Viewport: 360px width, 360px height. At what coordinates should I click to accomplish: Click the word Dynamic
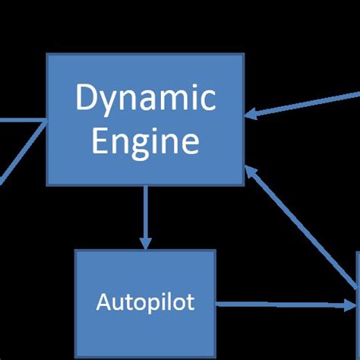coord(145,99)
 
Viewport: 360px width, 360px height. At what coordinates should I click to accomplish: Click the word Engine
coord(145,142)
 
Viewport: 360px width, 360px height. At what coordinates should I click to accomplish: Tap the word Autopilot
coord(145,302)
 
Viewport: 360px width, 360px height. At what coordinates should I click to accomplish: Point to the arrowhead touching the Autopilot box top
coord(145,243)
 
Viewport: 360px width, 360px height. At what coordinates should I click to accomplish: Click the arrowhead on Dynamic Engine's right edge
coord(251,115)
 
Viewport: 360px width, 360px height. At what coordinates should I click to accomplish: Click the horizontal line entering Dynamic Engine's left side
coord(23,120)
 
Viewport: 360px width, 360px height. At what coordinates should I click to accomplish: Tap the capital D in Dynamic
coord(86,99)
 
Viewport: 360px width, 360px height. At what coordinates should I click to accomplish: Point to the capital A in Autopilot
coord(103,302)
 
